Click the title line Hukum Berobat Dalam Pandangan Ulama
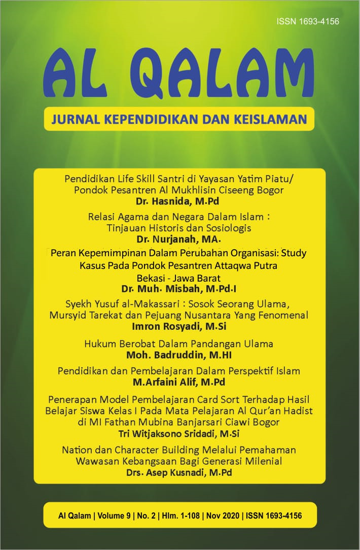(x=178, y=343)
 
